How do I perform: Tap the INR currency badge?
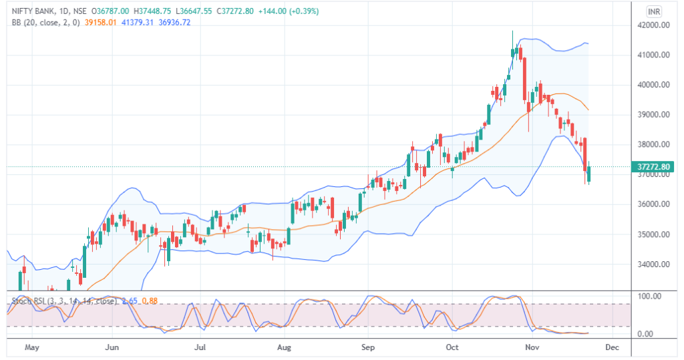[655, 11]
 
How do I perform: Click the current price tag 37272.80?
[654, 166]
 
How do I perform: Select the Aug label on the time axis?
[285, 348]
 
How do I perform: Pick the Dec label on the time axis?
[611, 348]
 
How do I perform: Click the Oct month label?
[452, 348]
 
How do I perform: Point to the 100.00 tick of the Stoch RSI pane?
[650, 296]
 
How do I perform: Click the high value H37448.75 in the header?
[152, 11]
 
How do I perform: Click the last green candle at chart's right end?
[588, 174]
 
